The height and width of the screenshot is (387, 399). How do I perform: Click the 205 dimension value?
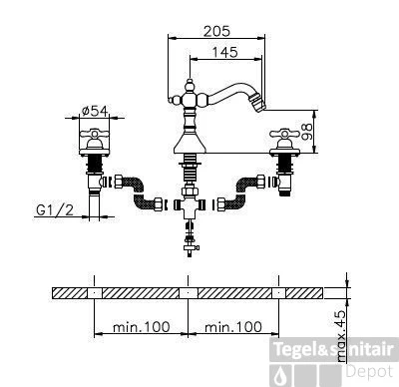216,31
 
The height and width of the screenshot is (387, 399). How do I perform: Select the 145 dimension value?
225,52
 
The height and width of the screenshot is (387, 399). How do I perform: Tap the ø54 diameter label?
95,111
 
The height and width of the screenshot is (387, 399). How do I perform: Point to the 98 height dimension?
307,132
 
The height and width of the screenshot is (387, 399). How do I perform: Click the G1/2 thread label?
55,209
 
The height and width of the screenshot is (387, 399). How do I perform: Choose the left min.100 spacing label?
142,327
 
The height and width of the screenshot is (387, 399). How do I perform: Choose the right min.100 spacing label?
233,327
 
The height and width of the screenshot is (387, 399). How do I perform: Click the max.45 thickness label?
341,336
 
